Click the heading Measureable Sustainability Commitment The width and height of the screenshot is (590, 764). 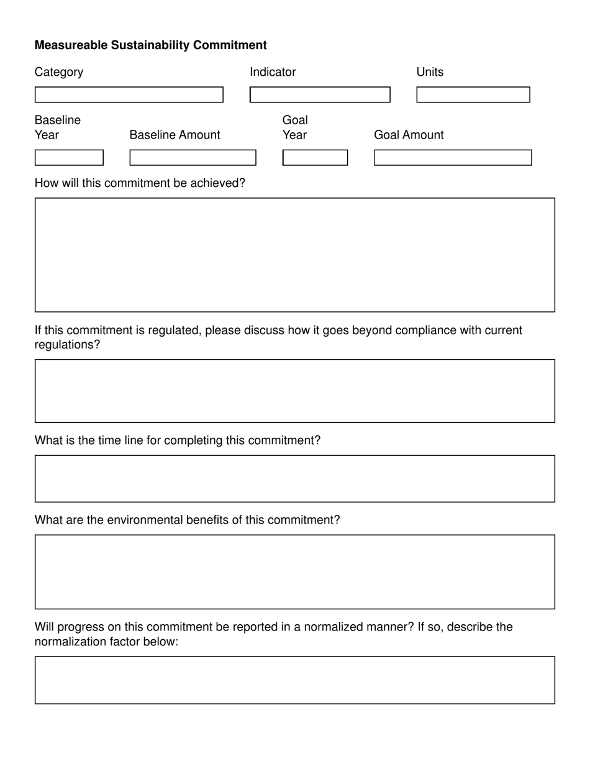[x=150, y=45]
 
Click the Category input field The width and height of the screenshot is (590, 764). [x=129, y=94]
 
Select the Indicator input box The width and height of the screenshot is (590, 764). [x=320, y=94]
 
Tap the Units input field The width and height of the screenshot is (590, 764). [x=473, y=94]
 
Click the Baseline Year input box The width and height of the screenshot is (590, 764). [x=69, y=158]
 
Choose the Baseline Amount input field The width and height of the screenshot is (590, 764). [x=193, y=158]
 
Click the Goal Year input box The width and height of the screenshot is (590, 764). [x=315, y=158]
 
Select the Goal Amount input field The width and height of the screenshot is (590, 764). [x=453, y=158]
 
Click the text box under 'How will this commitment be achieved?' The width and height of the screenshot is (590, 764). [x=294, y=255]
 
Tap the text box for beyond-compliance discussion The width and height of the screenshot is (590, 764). [x=294, y=391]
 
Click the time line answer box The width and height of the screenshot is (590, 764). [x=294, y=478]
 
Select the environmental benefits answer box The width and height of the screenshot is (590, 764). [x=294, y=571]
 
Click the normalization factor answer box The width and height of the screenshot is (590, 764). [x=294, y=680]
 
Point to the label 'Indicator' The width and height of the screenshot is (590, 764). [x=273, y=72]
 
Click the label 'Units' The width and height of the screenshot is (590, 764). [x=430, y=72]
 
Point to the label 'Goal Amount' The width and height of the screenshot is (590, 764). [x=409, y=135]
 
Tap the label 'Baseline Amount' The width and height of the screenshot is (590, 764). [x=175, y=135]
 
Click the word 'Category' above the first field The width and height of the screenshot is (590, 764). [x=59, y=72]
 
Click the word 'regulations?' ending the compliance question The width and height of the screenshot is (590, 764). [x=67, y=345]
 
